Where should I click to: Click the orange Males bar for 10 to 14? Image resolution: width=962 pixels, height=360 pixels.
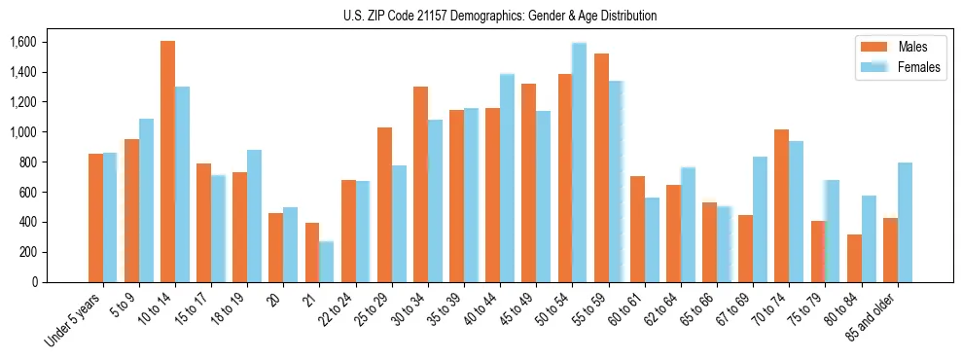coord(167,162)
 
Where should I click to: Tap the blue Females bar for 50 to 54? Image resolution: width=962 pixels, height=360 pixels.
coord(579,162)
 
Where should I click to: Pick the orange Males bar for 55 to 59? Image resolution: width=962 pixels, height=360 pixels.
coord(600,167)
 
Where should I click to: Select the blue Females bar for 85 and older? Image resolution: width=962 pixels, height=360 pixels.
coord(905,222)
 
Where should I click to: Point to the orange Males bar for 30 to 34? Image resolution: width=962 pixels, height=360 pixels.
coord(420,184)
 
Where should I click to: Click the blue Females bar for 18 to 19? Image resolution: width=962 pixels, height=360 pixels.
coord(254,216)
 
